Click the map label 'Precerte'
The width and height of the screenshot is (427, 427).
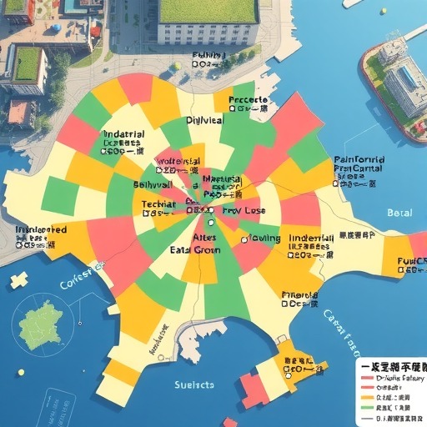[247, 100]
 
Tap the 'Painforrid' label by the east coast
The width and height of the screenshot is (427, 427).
[360, 159]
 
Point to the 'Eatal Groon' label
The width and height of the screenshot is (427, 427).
[196, 249]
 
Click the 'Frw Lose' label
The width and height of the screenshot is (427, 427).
[244, 211]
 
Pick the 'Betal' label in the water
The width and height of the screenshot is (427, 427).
[399, 213]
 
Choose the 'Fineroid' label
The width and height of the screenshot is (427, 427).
[299, 295]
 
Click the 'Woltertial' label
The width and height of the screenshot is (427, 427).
[178, 160]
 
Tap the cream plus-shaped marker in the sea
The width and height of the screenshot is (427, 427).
[18, 280]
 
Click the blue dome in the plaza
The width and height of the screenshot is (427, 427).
[55, 28]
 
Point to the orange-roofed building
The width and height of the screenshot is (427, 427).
[19, 112]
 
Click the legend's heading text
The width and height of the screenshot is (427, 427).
[390, 366]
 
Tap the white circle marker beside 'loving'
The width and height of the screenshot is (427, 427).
[245, 239]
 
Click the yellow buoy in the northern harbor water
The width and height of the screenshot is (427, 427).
[178, 65]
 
